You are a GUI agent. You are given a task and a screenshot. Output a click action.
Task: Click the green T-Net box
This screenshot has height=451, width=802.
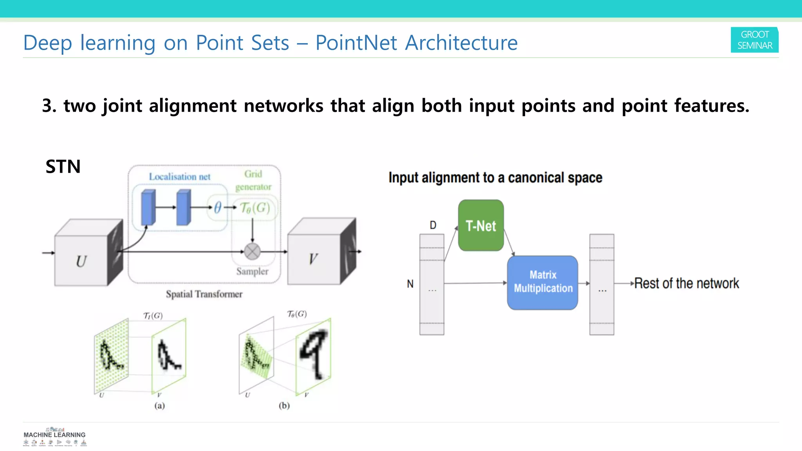tap(481, 225)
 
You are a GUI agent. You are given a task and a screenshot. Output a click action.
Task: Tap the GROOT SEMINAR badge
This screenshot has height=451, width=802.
tap(755, 40)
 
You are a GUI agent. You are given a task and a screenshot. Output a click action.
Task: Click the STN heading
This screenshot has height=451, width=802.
tap(63, 167)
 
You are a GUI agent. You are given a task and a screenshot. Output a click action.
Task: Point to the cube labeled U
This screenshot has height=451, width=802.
tap(81, 260)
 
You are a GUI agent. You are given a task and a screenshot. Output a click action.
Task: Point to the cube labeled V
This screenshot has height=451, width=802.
tap(314, 258)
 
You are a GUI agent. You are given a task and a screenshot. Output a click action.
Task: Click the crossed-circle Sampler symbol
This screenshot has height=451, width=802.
tap(252, 252)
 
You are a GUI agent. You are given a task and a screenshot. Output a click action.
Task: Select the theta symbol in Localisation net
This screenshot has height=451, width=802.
tap(218, 207)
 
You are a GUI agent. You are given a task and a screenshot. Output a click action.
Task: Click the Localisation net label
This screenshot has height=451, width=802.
tap(180, 177)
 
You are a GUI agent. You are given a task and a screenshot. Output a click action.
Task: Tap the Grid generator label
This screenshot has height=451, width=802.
tap(253, 180)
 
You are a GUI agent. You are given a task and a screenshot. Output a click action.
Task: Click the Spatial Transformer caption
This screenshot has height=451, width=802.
tap(204, 294)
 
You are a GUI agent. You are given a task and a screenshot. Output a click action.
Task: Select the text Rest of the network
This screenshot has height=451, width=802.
tap(686, 283)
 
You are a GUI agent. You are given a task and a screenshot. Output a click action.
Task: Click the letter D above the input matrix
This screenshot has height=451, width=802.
tap(433, 225)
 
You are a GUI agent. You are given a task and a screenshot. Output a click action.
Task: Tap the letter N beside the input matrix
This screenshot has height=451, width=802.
tap(410, 284)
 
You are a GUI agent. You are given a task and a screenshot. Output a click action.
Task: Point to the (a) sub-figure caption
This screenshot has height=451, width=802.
tap(159, 406)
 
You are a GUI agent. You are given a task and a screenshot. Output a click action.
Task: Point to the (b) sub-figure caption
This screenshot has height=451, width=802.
tap(284, 406)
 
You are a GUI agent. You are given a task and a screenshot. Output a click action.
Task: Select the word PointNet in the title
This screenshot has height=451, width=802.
tap(356, 43)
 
